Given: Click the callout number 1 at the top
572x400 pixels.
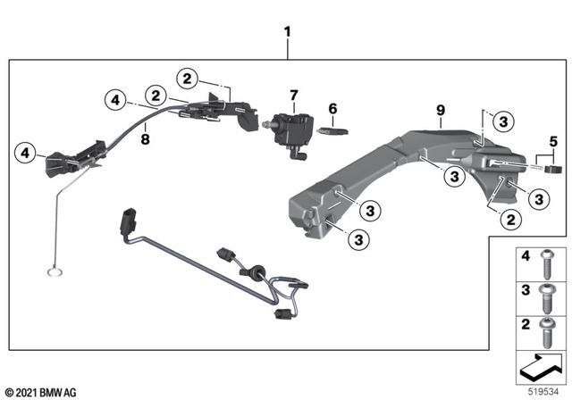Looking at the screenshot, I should [x=287, y=32].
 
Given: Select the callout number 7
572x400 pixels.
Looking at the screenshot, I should [x=291, y=94].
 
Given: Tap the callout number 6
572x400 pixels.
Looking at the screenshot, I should [x=332, y=109].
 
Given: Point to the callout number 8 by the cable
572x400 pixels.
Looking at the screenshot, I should [x=145, y=137].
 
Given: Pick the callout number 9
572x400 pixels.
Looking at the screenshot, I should [x=439, y=112].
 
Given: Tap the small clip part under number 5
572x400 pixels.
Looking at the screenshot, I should [x=554, y=165].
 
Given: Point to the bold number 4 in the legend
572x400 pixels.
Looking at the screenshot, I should [x=524, y=256].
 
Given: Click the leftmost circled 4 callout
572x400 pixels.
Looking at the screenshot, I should [x=27, y=155].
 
